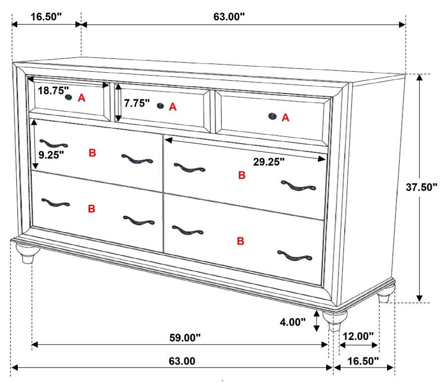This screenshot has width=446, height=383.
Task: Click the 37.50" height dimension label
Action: (421, 187)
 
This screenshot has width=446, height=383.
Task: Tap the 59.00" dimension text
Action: (185, 338)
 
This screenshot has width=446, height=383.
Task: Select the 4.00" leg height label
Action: (293, 322)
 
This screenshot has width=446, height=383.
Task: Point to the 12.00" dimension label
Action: (358, 336)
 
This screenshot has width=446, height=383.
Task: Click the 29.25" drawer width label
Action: (269, 162)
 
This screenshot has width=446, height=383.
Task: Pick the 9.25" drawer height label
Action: (51, 155)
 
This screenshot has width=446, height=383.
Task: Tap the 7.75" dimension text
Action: (137, 103)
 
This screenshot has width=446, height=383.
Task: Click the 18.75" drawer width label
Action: (53, 91)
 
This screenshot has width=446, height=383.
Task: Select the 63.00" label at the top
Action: (229, 17)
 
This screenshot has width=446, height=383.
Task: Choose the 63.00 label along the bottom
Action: (182, 361)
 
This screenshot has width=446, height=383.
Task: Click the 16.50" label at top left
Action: (46, 17)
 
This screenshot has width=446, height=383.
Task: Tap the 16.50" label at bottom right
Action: (363, 361)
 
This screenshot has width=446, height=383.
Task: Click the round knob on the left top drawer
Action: (68, 97)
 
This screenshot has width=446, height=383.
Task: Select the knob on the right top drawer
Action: (273, 116)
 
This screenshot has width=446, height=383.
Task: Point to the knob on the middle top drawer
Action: (161, 106)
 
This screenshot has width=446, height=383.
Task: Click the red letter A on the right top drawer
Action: (285, 117)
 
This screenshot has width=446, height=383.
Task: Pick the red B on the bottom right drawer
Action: (241, 241)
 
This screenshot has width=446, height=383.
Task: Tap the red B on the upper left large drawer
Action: (92, 153)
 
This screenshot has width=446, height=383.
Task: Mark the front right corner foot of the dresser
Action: (335, 321)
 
